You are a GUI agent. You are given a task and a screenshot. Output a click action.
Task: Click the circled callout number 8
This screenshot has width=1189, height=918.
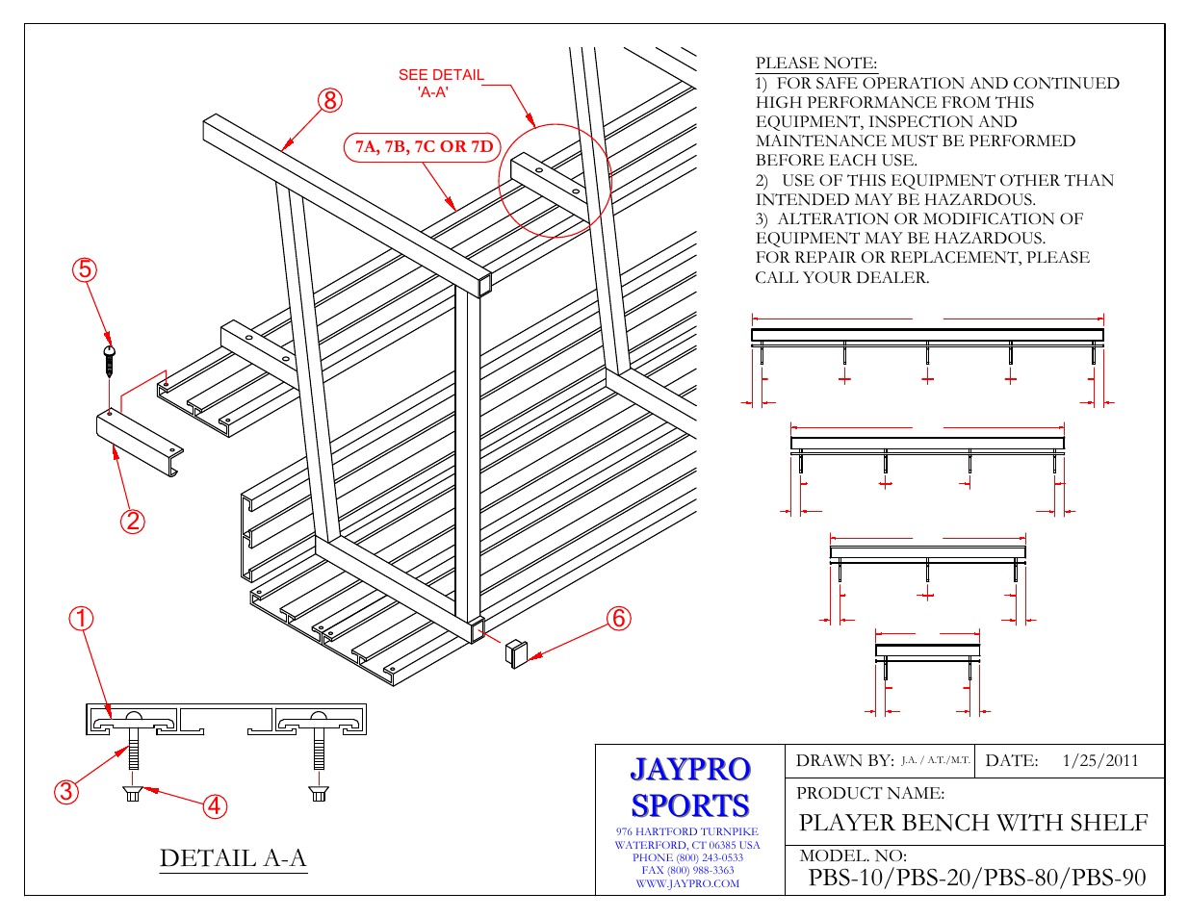click(329, 100)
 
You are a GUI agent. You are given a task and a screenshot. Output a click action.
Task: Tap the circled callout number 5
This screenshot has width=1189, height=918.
click(85, 269)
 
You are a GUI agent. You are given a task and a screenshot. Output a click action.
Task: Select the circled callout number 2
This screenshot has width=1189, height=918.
click(132, 522)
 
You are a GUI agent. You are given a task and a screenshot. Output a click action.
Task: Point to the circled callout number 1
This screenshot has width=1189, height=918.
click(81, 619)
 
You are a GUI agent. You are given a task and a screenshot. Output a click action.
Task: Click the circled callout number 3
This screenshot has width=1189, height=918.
click(65, 792)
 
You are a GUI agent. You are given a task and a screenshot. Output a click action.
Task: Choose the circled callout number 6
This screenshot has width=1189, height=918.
click(619, 619)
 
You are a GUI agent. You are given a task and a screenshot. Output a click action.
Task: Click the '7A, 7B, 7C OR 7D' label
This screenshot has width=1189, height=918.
click(424, 147)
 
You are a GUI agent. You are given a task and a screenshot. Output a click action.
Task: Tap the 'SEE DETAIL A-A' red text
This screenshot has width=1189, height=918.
click(441, 83)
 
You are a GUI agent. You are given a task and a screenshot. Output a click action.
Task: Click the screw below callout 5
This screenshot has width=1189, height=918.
click(109, 361)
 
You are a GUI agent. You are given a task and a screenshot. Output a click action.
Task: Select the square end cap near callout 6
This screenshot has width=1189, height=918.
click(517, 652)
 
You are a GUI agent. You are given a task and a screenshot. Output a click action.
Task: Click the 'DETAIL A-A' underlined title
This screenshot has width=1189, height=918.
click(233, 858)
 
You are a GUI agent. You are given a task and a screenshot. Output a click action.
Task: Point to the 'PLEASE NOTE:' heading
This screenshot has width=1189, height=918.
click(815, 64)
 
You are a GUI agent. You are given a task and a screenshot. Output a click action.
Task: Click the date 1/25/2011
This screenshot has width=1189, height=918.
click(1099, 760)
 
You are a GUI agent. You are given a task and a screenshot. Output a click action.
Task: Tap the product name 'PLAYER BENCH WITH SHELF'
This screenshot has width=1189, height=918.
click(973, 823)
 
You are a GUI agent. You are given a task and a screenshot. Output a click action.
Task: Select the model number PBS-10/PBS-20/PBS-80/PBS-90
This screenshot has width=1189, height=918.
click(976, 878)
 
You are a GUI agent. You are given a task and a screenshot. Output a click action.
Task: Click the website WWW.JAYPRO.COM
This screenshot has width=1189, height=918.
click(687, 883)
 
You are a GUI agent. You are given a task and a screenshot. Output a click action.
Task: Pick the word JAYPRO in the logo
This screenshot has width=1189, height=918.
click(689, 769)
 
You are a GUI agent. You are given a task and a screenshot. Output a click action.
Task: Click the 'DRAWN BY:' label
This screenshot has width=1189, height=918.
click(844, 760)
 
